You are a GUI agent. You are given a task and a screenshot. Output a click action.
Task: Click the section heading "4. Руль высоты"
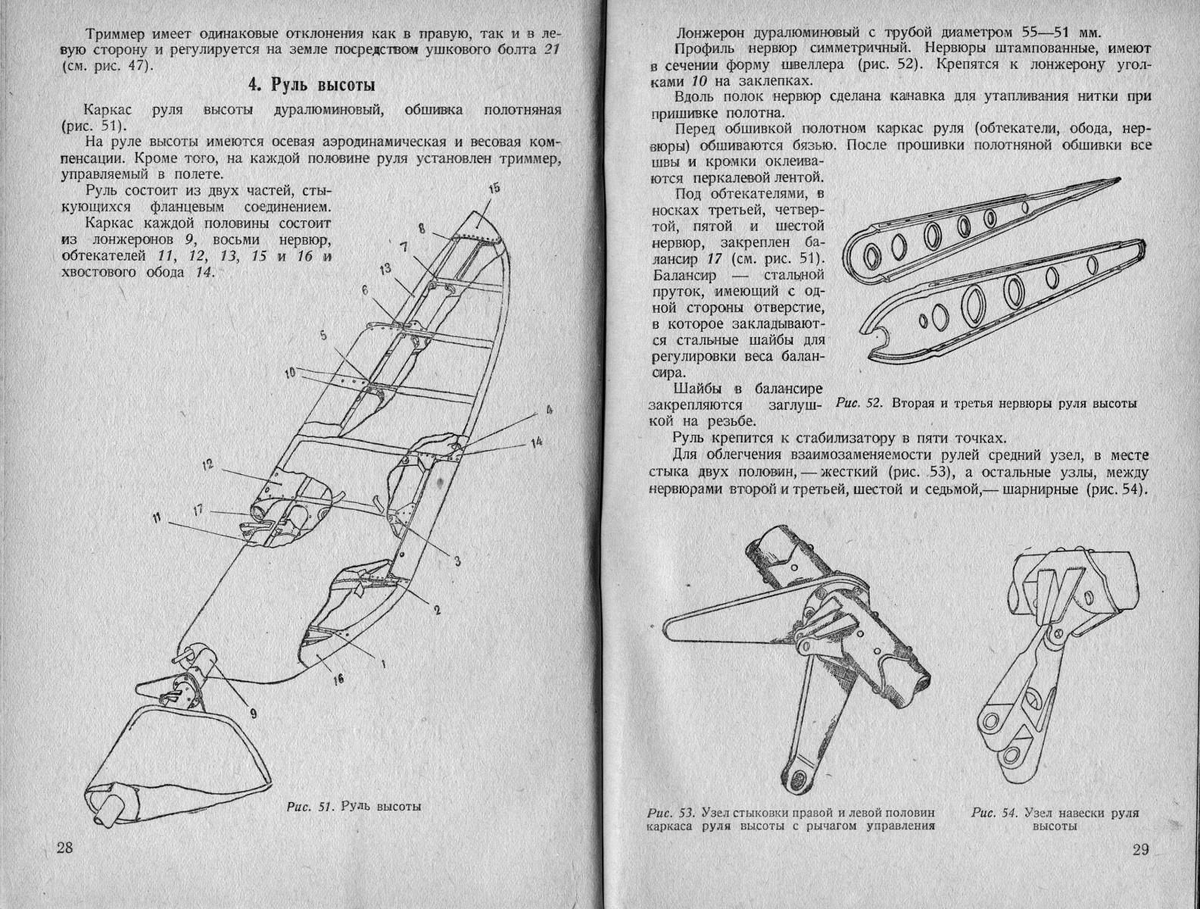tap(313, 85)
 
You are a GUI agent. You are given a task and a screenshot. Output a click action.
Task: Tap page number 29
tap(1141, 849)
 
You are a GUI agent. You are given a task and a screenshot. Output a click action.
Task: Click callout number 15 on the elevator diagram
tap(493, 188)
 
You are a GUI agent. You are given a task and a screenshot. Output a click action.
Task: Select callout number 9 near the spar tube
tap(253, 713)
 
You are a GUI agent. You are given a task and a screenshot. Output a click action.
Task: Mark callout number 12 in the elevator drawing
tap(207, 465)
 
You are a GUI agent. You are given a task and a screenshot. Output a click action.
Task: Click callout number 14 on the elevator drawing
tap(537, 442)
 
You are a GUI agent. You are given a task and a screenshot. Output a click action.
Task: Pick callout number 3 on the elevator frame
tap(457, 561)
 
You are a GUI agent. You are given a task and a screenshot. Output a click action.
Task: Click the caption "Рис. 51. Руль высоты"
tap(354, 806)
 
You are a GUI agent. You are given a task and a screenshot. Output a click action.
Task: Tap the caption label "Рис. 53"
tap(672, 813)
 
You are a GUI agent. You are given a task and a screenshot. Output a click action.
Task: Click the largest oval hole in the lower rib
tap(974, 304)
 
